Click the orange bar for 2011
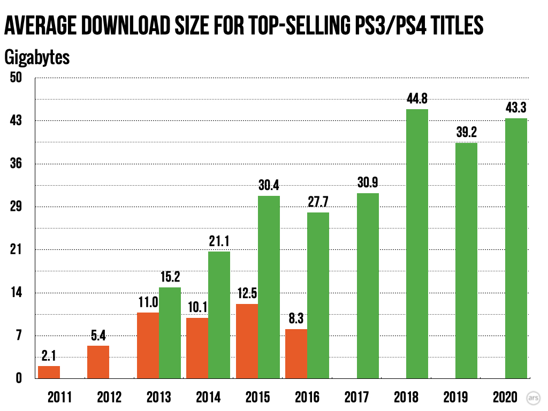point(49,372)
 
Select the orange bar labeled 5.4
point(98,362)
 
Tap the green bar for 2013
point(170,333)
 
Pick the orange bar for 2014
point(197,348)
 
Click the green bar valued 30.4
point(269,287)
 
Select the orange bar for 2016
point(296,354)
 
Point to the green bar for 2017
point(368,286)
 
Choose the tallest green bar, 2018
point(417,244)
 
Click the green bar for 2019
point(466,261)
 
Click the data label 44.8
point(417,98)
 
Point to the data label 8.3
point(296,319)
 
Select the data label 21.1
point(219,241)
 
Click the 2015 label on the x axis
point(257,397)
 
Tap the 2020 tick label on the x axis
point(505,397)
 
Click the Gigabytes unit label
point(37,57)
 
